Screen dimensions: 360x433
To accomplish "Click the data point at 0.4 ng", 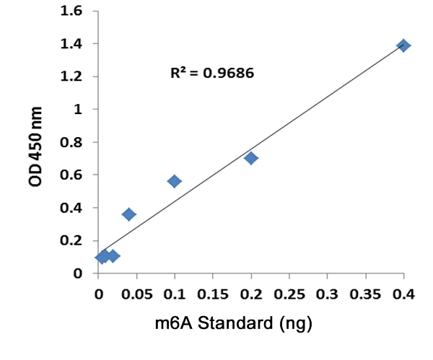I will pos(404,45).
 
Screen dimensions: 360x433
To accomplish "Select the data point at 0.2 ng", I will pos(251,158).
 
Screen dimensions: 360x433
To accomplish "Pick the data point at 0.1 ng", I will pos(175,181).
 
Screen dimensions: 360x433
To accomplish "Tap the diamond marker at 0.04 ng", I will pos(129,214).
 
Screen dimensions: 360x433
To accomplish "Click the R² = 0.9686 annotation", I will pos(212,73).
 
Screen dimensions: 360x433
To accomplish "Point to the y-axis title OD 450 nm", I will pos(36,147).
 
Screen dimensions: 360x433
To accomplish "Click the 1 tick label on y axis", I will pos(76,110).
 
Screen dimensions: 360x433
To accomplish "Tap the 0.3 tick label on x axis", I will pos(328,294).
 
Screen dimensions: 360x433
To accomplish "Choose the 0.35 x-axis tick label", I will pos(366,294).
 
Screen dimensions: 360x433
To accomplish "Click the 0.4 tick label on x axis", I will pos(404,294).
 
